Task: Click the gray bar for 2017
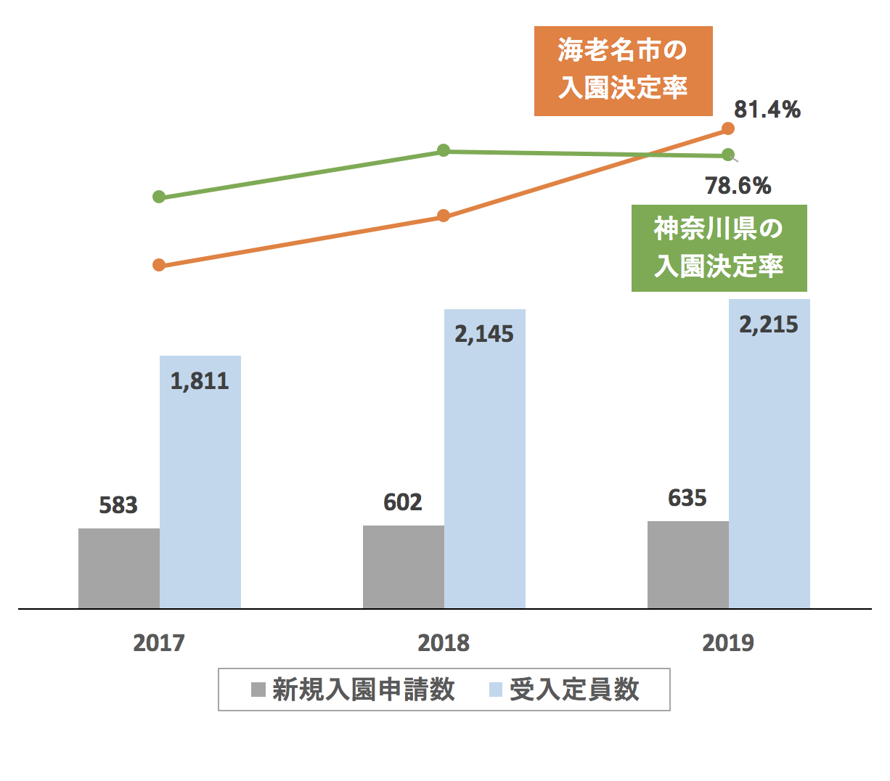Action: click(119, 568)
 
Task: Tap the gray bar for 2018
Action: click(404, 566)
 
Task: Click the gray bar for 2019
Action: click(688, 564)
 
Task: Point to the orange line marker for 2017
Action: click(160, 265)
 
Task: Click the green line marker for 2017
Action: click(160, 197)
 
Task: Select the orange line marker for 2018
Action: click(444, 216)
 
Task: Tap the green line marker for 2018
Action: click(444, 150)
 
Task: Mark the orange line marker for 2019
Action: click(728, 128)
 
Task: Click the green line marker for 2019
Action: click(728, 155)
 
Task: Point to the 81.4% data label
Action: click(767, 110)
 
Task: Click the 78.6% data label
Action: click(738, 186)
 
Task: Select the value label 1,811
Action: click(200, 380)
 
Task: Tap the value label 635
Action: click(687, 498)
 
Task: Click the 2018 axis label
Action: click(444, 642)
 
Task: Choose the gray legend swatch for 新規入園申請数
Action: click(258, 690)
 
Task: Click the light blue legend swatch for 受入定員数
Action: click(496, 690)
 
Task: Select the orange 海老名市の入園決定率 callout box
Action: click(623, 71)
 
